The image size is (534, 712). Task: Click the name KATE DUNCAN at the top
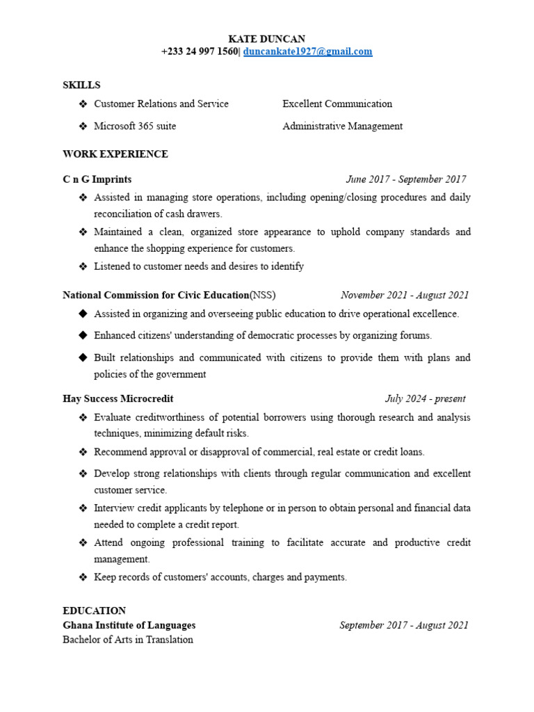(x=267, y=39)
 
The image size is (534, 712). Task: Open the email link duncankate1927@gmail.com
(x=307, y=51)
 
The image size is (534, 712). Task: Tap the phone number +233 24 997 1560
(x=199, y=51)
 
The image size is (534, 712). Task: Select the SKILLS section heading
(x=81, y=85)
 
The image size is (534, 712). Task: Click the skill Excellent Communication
(x=337, y=104)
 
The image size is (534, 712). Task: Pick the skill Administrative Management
(x=342, y=126)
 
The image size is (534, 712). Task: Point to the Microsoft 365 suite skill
(x=135, y=126)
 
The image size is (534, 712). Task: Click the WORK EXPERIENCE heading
(x=115, y=154)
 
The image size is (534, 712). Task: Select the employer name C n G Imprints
(x=97, y=179)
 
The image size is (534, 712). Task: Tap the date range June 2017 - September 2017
(x=406, y=179)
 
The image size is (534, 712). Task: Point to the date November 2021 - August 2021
(x=405, y=295)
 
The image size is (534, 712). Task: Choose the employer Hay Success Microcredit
(x=118, y=398)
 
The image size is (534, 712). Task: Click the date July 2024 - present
(x=425, y=398)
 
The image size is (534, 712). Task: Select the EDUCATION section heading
(x=94, y=610)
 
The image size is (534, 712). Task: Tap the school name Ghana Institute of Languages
(x=129, y=625)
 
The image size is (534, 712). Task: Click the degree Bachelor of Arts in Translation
(x=128, y=640)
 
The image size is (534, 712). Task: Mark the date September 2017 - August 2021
(x=404, y=625)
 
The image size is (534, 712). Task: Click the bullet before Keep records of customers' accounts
(x=83, y=577)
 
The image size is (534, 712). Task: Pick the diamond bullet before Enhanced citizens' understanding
(x=83, y=335)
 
